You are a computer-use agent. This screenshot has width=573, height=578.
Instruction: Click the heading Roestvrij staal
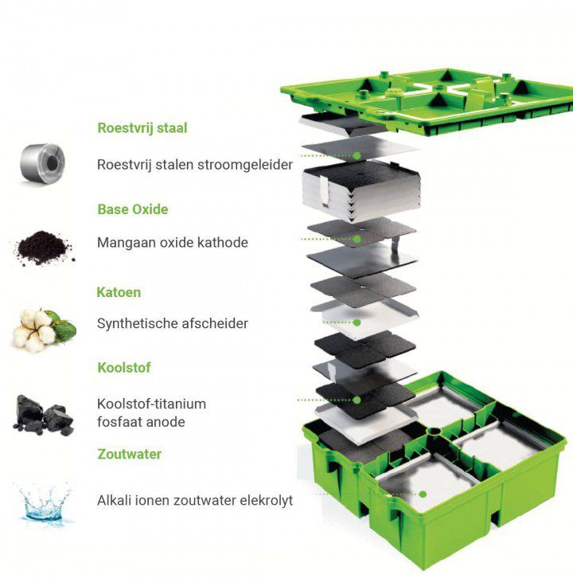click(x=142, y=127)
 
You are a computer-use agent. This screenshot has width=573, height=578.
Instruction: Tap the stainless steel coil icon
click(x=42, y=162)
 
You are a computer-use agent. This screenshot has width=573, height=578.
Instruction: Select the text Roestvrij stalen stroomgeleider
click(x=194, y=165)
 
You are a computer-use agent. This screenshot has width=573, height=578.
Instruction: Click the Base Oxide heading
click(x=132, y=209)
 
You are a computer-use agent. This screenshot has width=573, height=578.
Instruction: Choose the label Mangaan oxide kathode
click(x=172, y=242)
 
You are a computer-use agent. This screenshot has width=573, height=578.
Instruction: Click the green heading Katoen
click(x=119, y=292)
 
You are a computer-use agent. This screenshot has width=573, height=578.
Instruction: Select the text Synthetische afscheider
click(x=172, y=323)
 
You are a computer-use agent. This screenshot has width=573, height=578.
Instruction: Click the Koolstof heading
click(x=123, y=368)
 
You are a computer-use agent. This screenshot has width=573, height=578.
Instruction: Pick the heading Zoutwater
click(x=129, y=454)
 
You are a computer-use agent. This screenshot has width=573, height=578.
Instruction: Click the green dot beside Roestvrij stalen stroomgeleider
click(x=357, y=155)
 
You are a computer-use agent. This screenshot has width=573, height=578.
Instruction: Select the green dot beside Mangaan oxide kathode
click(x=357, y=239)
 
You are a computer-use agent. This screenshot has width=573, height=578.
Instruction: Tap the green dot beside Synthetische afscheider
click(x=357, y=322)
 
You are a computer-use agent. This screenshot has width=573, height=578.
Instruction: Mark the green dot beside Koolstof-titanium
click(x=357, y=400)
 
